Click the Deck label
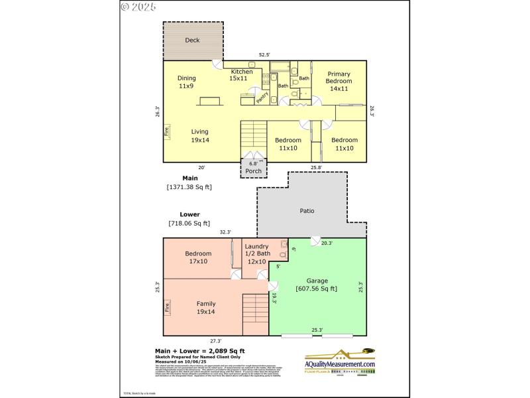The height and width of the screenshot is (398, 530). coord(192,40)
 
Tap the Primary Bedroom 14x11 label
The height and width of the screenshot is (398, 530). coord(339,81)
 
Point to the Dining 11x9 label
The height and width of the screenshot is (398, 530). coord(186,82)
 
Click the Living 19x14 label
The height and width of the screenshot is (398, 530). coord(200,136)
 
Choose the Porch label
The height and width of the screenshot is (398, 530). coord(253,171)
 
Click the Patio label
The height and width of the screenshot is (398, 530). coord(306,211)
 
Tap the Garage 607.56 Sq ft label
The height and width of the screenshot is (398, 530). coord(317,285)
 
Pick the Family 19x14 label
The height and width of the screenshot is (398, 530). coord(206,308)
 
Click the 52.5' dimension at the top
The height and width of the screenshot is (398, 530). coord(264,55)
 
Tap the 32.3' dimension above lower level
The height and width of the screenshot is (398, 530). coord(225,232)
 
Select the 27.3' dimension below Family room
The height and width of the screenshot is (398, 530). coord(215,341)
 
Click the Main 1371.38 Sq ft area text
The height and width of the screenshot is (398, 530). coord(191,183)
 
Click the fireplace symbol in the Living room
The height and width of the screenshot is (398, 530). coord(166,132)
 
